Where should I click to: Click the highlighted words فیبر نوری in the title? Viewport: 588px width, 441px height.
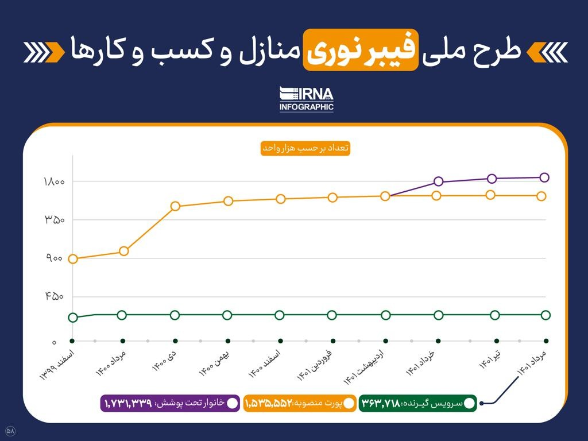coord(360,50)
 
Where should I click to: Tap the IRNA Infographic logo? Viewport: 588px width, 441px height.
coord(306,99)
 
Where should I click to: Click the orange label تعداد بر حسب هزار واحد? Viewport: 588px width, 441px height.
coord(305,148)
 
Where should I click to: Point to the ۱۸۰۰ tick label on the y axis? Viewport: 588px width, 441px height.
coord(55,182)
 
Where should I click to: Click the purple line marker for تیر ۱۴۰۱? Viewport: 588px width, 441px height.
coord(492,179)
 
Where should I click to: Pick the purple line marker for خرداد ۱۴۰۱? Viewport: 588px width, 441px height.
coord(439,181)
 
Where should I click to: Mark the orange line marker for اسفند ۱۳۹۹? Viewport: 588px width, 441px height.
coord(73,259)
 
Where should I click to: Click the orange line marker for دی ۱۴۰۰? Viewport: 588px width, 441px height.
coord(175,206)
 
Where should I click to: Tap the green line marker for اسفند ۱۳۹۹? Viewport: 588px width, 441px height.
coord(73,318)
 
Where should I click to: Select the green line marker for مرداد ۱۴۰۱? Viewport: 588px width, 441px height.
coord(546,315)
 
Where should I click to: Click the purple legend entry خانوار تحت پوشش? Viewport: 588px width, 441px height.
coord(170,403)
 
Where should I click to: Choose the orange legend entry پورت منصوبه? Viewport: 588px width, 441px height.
coord(299,403)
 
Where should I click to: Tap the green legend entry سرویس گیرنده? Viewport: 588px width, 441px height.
coord(418,403)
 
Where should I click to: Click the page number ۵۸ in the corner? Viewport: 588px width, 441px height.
coord(10,430)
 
